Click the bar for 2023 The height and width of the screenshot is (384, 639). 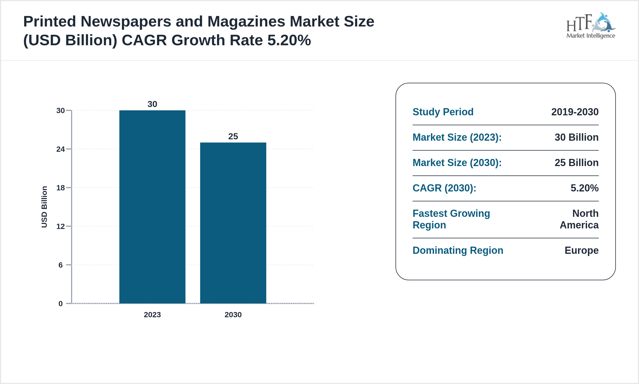(152, 207)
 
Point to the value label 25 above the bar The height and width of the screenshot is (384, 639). (233, 136)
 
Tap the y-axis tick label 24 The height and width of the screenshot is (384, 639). (60, 149)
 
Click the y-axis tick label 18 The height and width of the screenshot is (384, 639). (60, 188)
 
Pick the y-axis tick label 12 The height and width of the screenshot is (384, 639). (60, 226)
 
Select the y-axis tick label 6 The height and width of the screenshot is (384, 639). (60, 265)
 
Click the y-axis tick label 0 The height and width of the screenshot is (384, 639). (60, 304)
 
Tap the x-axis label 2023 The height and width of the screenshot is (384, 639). (152, 315)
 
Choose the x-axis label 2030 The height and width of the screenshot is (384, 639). (233, 315)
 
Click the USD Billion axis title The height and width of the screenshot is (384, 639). (44, 207)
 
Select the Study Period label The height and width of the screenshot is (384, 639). (443, 112)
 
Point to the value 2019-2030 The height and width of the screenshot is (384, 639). (575, 112)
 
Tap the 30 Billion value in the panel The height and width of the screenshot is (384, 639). (576, 137)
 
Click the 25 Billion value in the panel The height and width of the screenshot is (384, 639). (576, 163)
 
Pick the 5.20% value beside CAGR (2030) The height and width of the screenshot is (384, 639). (584, 188)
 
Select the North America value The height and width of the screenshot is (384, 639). (579, 219)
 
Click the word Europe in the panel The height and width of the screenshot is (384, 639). (581, 250)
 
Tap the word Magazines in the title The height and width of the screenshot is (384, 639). (246, 22)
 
